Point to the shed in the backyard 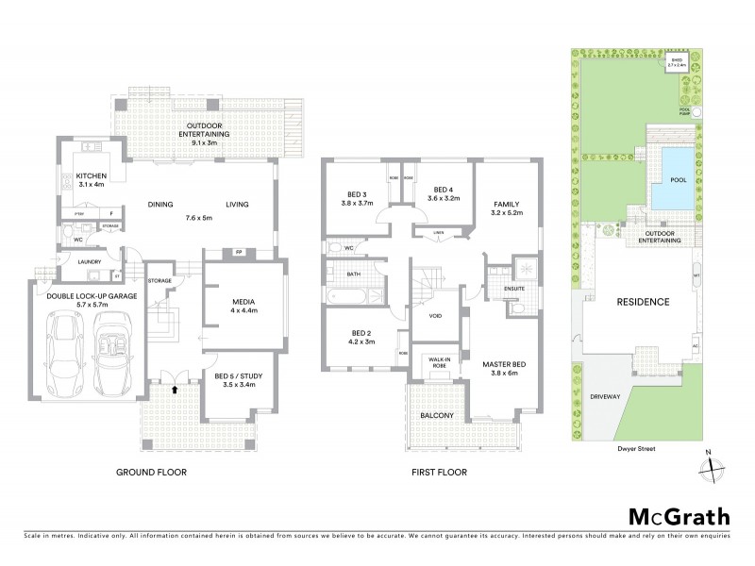(x=677, y=63)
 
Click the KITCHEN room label (x=92, y=176)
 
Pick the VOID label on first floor (x=435, y=316)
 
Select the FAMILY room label (x=507, y=205)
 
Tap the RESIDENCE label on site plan (x=644, y=303)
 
